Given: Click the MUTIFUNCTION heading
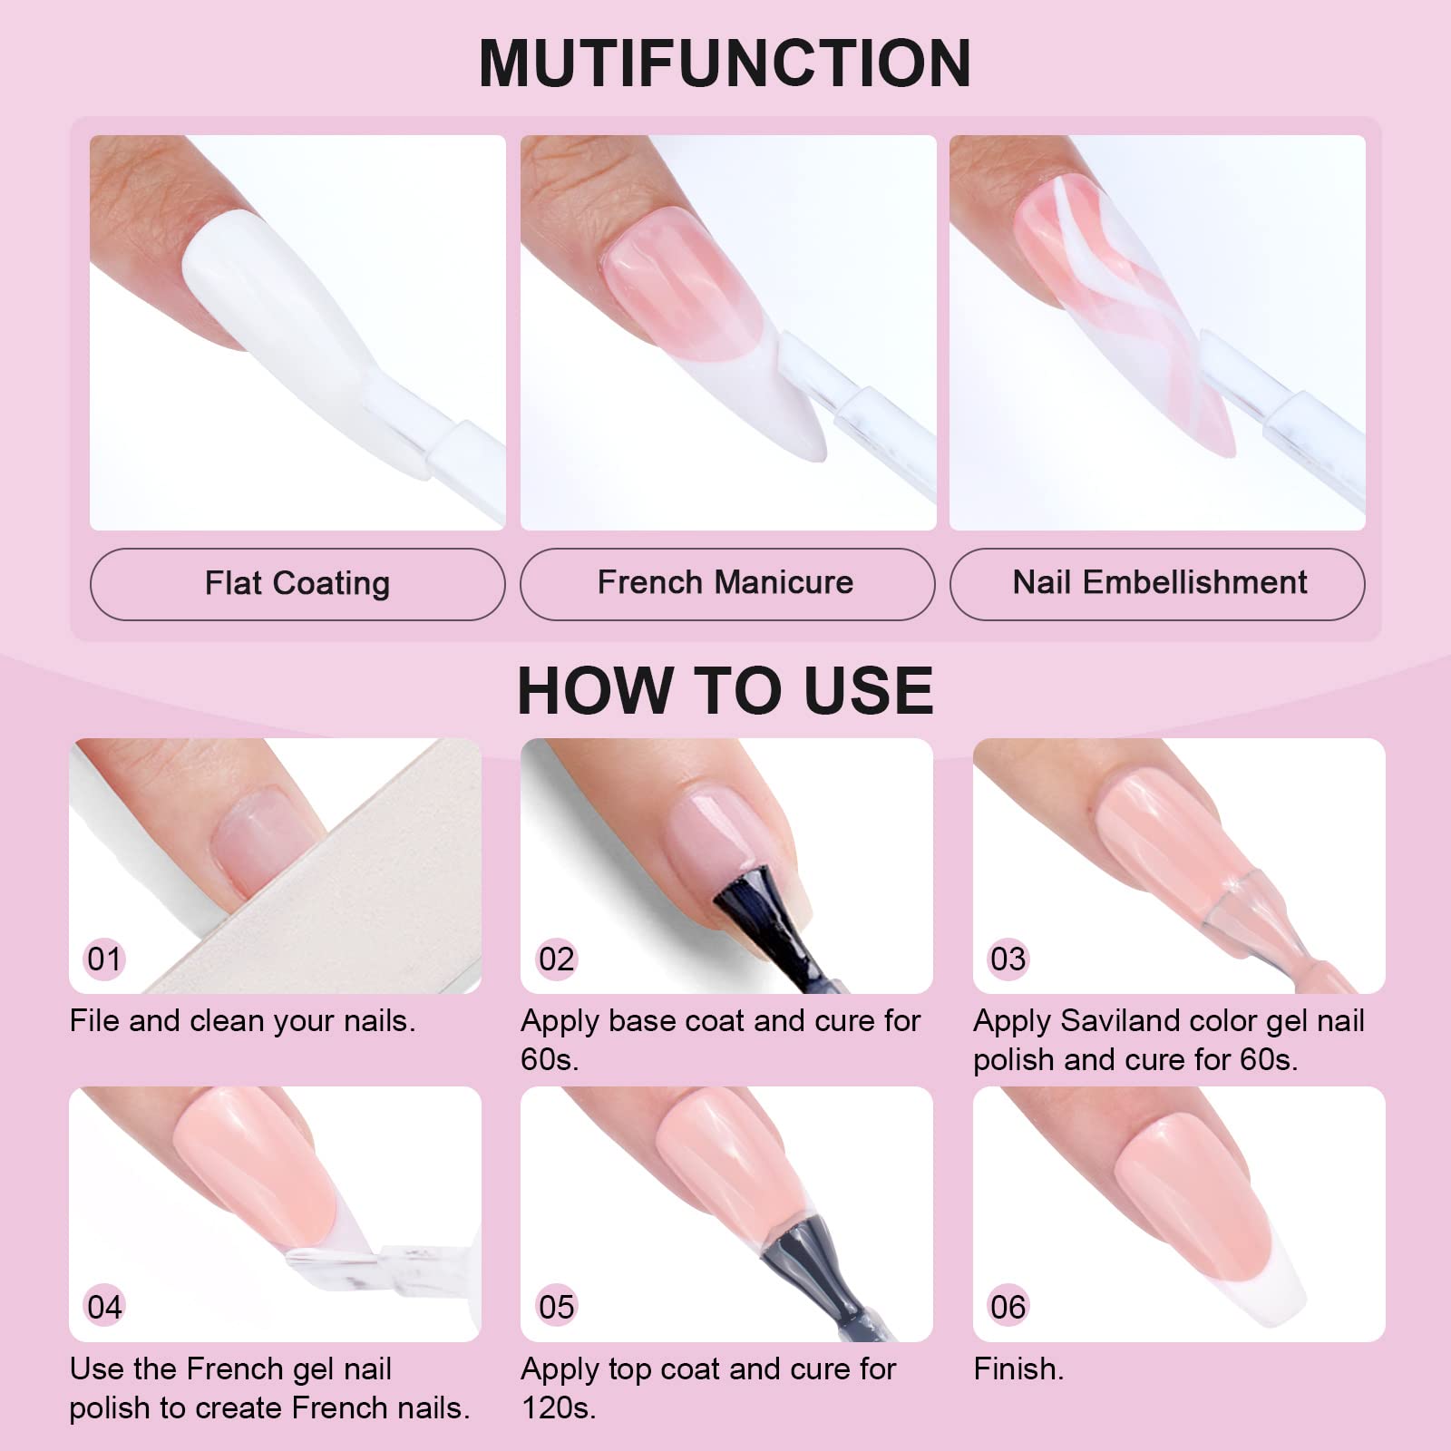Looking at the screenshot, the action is pyautogui.click(x=725, y=63).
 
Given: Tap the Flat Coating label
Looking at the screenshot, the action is pyautogui.click(x=297, y=583).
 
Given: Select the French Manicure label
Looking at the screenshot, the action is pyautogui.click(x=725, y=582).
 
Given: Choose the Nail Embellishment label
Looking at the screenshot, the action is pyautogui.click(x=1160, y=582).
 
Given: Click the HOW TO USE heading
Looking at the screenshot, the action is pyautogui.click(x=725, y=690).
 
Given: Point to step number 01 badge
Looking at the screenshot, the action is pyautogui.click(x=104, y=959).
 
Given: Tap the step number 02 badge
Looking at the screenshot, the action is pyautogui.click(x=556, y=959).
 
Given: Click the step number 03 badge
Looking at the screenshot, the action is pyautogui.click(x=1008, y=959).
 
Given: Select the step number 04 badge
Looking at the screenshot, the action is pyautogui.click(x=104, y=1307).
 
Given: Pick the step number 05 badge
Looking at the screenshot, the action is pyautogui.click(x=556, y=1307).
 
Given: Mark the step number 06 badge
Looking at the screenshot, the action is pyautogui.click(x=1008, y=1307).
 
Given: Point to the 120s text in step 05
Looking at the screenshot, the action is pyautogui.click(x=559, y=1407).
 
